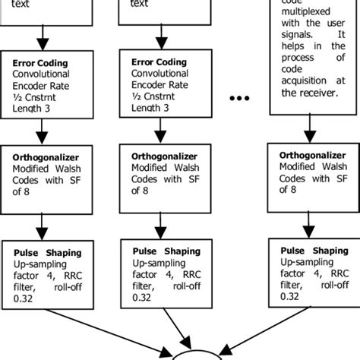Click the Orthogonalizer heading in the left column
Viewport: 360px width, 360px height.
coord(47,157)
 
